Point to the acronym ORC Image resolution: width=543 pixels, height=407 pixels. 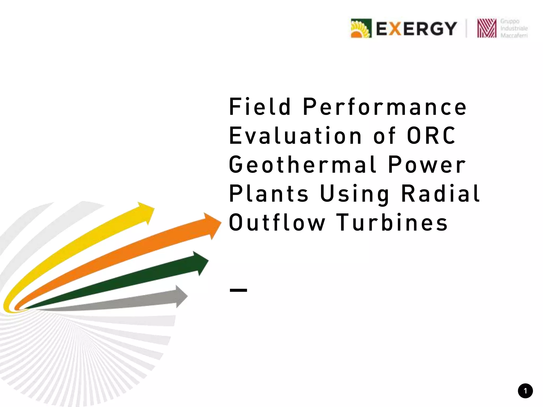[431, 136]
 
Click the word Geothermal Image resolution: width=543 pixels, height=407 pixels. [302, 165]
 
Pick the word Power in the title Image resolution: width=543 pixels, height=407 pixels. [427, 165]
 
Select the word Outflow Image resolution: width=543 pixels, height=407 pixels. [277, 223]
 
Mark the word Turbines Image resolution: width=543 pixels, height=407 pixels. [392, 223]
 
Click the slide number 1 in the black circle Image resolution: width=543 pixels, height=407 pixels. [525, 391]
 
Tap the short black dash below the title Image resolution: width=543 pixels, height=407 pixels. [238, 290]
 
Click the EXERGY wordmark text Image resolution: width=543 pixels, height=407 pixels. [416, 29]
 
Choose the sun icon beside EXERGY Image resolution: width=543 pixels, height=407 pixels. [361, 28]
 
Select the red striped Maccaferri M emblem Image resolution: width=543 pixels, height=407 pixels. [487, 28]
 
